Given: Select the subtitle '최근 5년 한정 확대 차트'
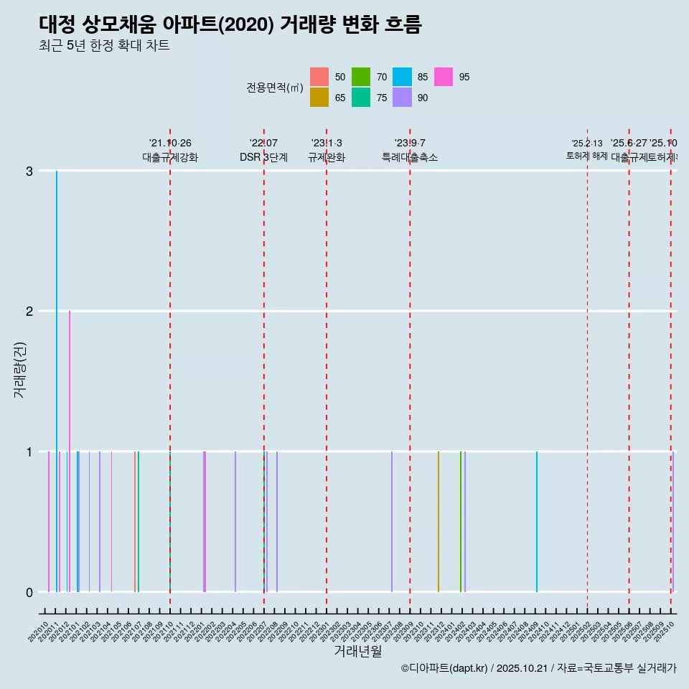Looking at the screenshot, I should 104,47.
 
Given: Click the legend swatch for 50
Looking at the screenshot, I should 319,77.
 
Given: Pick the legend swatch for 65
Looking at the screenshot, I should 319,98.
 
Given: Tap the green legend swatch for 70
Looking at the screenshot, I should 361,77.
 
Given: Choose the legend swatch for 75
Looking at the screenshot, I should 361,98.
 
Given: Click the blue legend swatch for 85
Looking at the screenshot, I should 402,77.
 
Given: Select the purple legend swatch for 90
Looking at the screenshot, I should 402,98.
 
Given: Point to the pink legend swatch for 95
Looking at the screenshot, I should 444,77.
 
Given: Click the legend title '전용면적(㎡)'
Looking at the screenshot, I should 275,88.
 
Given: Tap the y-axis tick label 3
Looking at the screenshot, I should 29,171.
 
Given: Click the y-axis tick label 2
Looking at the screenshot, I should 29,311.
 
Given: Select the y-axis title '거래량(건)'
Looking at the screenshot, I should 19,381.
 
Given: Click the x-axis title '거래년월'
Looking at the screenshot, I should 357,651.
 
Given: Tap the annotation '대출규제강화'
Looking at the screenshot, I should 170,157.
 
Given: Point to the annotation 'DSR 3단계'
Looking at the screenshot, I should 263,157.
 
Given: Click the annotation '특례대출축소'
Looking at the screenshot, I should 410,157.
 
